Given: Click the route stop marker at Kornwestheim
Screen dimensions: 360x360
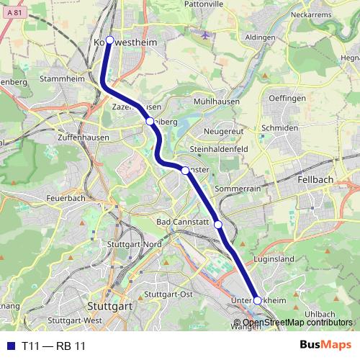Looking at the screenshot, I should (x=110, y=40).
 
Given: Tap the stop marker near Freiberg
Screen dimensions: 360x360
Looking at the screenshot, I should (x=150, y=122).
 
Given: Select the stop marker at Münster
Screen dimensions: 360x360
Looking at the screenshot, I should (x=185, y=170).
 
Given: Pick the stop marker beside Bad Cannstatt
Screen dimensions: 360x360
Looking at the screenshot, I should (x=218, y=225).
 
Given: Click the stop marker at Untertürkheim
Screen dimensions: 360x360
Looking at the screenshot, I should (x=257, y=300).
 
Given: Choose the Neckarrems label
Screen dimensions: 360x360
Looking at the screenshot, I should (x=310, y=14).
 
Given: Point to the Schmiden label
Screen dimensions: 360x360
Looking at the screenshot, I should (x=279, y=127).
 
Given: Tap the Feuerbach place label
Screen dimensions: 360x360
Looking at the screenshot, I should (x=66, y=197).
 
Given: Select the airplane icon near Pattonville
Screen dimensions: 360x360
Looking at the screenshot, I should (x=207, y=35).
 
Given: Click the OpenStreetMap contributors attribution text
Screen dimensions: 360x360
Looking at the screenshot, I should (x=297, y=322).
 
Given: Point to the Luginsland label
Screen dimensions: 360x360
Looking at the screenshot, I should (x=274, y=258).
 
